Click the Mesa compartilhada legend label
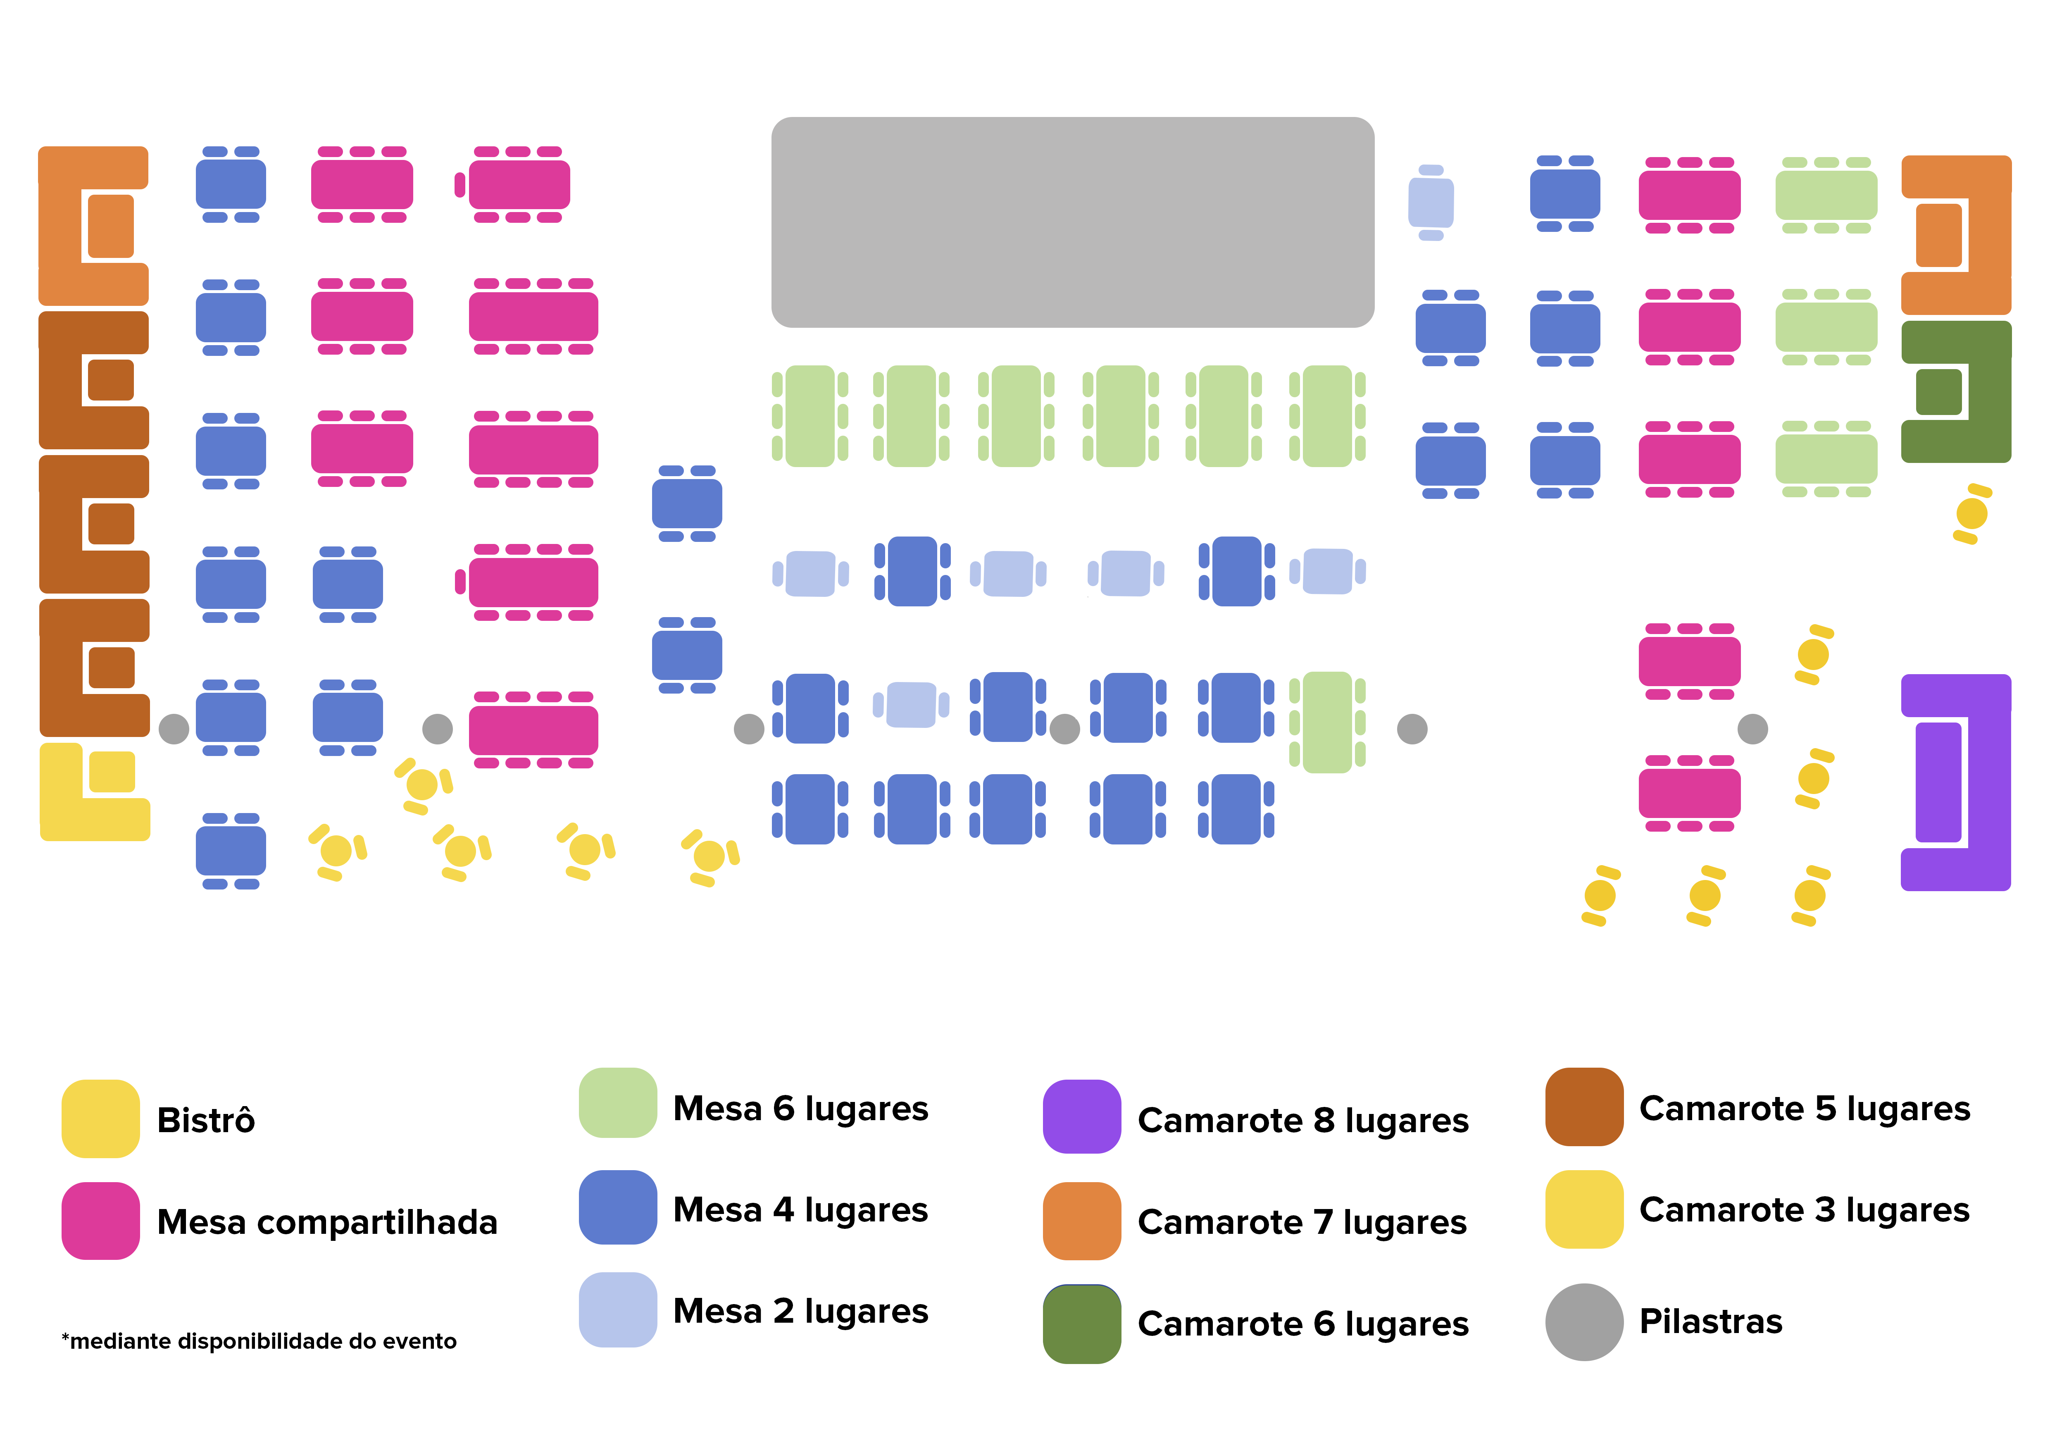click(x=327, y=1221)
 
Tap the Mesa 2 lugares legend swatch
click(x=618, y=1310)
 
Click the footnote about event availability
click(x=259, y=1341)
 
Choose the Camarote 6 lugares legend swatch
click(x=1081, y=1323)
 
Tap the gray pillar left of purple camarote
click(x=1752, y=729)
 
